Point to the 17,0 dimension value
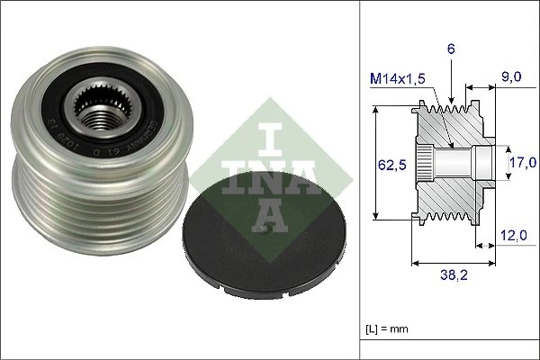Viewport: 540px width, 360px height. click(523, 162)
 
